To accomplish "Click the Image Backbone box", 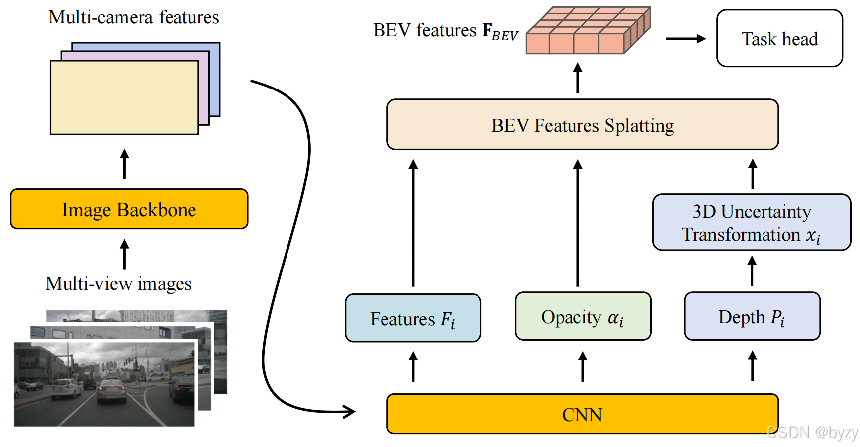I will click(129, 209).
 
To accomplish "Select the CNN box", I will click(582, 414).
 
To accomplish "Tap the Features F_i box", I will click(413, 318).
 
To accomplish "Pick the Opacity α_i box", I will click(582, 317).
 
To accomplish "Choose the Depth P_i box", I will click(752, 317).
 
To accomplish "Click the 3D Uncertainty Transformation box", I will click(751, 223).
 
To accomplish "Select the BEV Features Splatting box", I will click(582, 125).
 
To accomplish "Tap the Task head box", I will click(779, 39).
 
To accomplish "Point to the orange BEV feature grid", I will click(587, 31).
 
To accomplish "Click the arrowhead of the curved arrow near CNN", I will click(349, 411).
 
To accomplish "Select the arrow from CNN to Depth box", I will click(752, 366).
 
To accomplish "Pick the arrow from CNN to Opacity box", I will click(582, 367).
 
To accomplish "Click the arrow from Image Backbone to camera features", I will click(124, 164).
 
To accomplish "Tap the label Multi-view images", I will click(118, 284).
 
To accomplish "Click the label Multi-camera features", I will click(133, 17).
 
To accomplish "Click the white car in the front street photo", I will click(112, 390).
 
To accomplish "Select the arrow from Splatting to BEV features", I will click(577, 78).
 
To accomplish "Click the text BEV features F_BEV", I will click(445, 31).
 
